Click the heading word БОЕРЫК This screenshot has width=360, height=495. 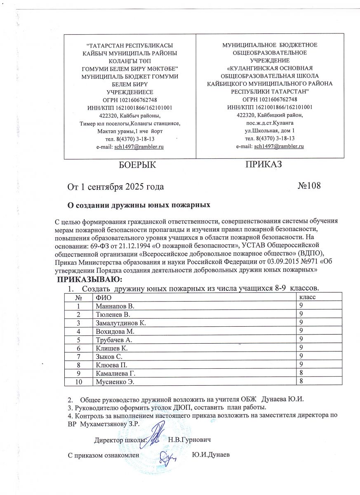coord(137,165)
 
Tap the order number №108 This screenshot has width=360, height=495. coord(309,186)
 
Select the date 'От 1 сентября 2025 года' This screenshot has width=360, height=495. coord(116,186)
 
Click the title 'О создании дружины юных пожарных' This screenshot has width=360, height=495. coord(139,205)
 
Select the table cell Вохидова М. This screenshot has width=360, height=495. coord(115,331)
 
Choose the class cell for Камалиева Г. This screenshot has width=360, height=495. coord(301,373)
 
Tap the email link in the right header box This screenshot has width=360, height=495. coord(279,146)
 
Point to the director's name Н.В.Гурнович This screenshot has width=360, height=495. coord(190,440)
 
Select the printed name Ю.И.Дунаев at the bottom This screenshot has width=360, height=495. coord(211,455)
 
